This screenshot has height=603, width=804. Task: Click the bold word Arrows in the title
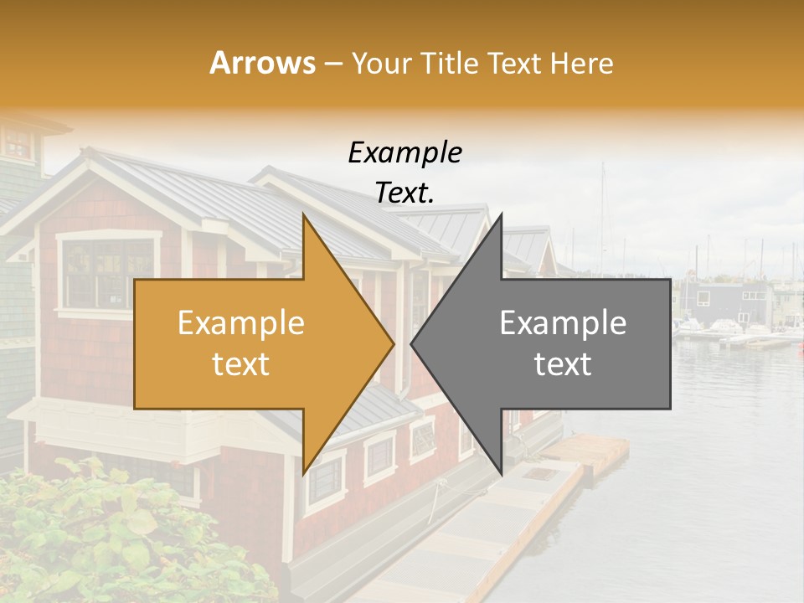(262, 63)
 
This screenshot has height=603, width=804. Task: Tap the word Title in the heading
(448, 63)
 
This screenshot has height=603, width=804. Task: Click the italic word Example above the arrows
(405, 153)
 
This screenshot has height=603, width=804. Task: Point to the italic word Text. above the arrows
(405, 193)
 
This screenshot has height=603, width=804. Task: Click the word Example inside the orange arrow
(241, 323)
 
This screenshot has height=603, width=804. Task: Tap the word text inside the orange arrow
(241, 364)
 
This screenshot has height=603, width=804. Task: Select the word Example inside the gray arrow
(563, 323)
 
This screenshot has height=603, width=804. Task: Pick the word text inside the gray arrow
(563, 364)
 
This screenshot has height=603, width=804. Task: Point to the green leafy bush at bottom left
(84, 536)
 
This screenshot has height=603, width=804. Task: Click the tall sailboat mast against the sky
(601, 209)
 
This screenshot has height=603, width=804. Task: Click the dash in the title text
(332, 64)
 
